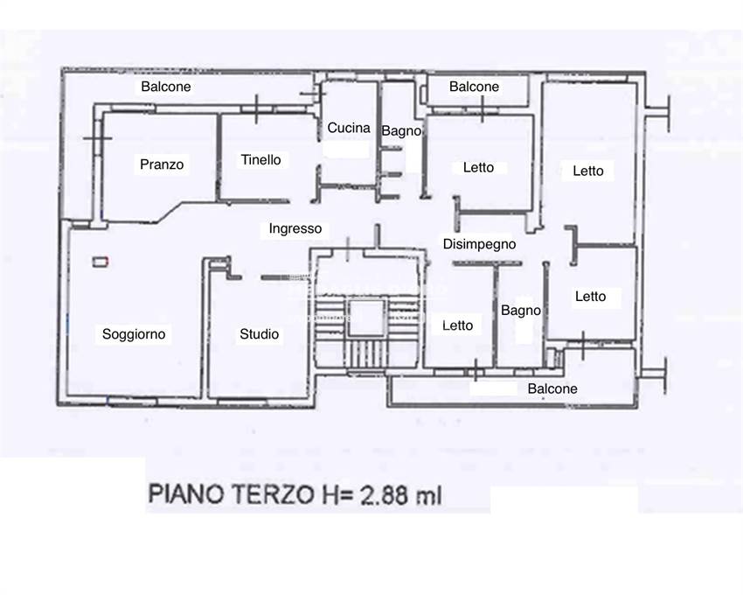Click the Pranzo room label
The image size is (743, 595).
162,164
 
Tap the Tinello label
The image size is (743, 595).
260,160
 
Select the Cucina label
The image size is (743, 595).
349,128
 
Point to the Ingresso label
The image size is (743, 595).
295,228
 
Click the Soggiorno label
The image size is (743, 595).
134,334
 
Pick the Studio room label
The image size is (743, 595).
260,334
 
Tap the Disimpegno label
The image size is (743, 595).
479,244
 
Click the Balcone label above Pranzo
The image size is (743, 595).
166,87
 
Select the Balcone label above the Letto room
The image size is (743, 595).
474,87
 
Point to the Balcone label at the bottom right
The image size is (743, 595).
552,388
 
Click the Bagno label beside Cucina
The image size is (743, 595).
401,131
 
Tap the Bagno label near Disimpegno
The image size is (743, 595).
521,311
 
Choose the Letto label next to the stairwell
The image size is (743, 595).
457,325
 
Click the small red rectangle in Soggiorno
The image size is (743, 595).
101,262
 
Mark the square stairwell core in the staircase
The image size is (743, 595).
365,318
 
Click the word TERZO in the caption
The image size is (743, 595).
272,494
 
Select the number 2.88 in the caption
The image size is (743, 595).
385,495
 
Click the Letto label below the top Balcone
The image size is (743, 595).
479,167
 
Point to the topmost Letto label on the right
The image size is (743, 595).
588,171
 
